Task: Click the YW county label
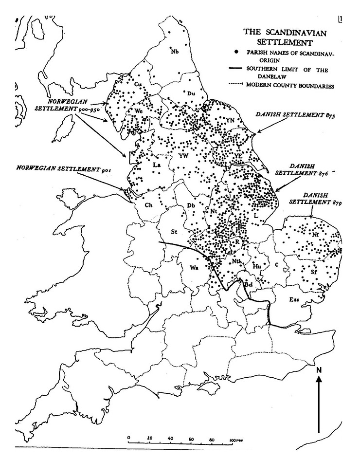point(183,156)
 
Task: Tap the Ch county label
point(148,204)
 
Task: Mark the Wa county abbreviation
point(194,268)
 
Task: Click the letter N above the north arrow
point(319,369)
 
